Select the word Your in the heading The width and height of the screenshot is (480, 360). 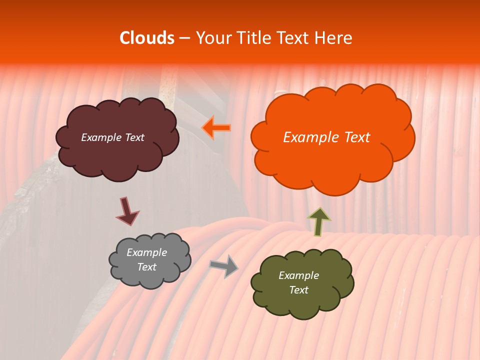[x=213, y=38]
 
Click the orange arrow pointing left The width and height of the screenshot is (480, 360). [x=216, y=128]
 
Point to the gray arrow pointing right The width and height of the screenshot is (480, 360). [x=224, y=265]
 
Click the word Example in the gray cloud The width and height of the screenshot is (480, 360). [x=147, y=252]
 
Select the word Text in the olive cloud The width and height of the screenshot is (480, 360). [x=298, y=290]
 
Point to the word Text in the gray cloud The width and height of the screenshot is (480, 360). [x=147, y=267]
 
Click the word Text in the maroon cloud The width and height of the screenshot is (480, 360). [x=134, y=137]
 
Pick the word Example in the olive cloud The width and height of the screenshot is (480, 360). [x=298, y=275]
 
